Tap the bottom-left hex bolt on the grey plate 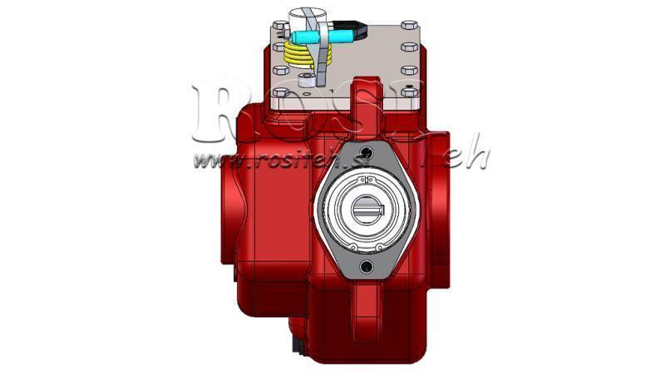(280, 92)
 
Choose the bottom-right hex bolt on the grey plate (408, 92)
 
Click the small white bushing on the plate (308, 79)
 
